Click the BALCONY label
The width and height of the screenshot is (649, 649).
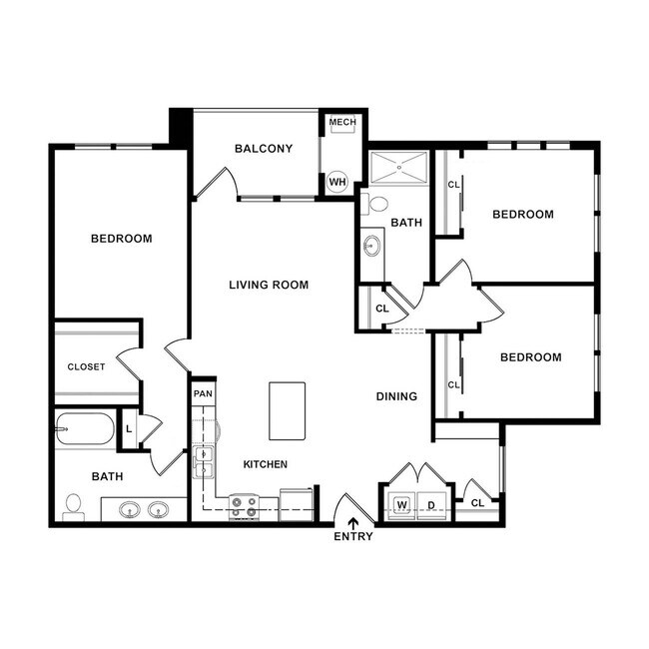click(x=264, y=149)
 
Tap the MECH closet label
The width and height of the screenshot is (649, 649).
click(x=342, y=123)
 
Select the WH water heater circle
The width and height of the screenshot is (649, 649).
click(x=337, y=182)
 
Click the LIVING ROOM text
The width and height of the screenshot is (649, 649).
click(x=269, y=285)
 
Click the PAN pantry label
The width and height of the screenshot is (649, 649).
click(x=203, y=392)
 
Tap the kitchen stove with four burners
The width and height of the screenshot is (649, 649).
click(x=244, y=506)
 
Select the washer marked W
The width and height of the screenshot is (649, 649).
click(x=402, y=504)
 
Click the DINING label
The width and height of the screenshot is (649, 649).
click(x=396, y=396)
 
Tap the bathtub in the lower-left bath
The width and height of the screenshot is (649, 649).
click(x=86, y=430)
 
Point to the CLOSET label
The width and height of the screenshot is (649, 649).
click(x=86, y=366)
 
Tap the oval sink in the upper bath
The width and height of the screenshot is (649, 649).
click(x=372, y=245)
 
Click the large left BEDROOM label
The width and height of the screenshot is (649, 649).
click(x=122, y=238)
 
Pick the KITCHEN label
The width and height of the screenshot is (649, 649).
click(x=266, y=464)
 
